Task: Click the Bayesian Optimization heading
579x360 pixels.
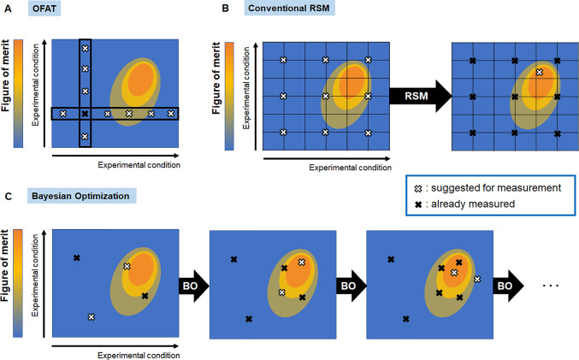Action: pos(78,198)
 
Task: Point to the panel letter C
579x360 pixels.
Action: pos(9,198)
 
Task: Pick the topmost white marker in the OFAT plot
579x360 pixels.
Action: pos(85,49)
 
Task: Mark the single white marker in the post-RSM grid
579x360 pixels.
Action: pos(538,74)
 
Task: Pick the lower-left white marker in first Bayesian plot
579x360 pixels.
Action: pos(92,317)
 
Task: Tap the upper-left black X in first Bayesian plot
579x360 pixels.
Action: pos(77,258)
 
